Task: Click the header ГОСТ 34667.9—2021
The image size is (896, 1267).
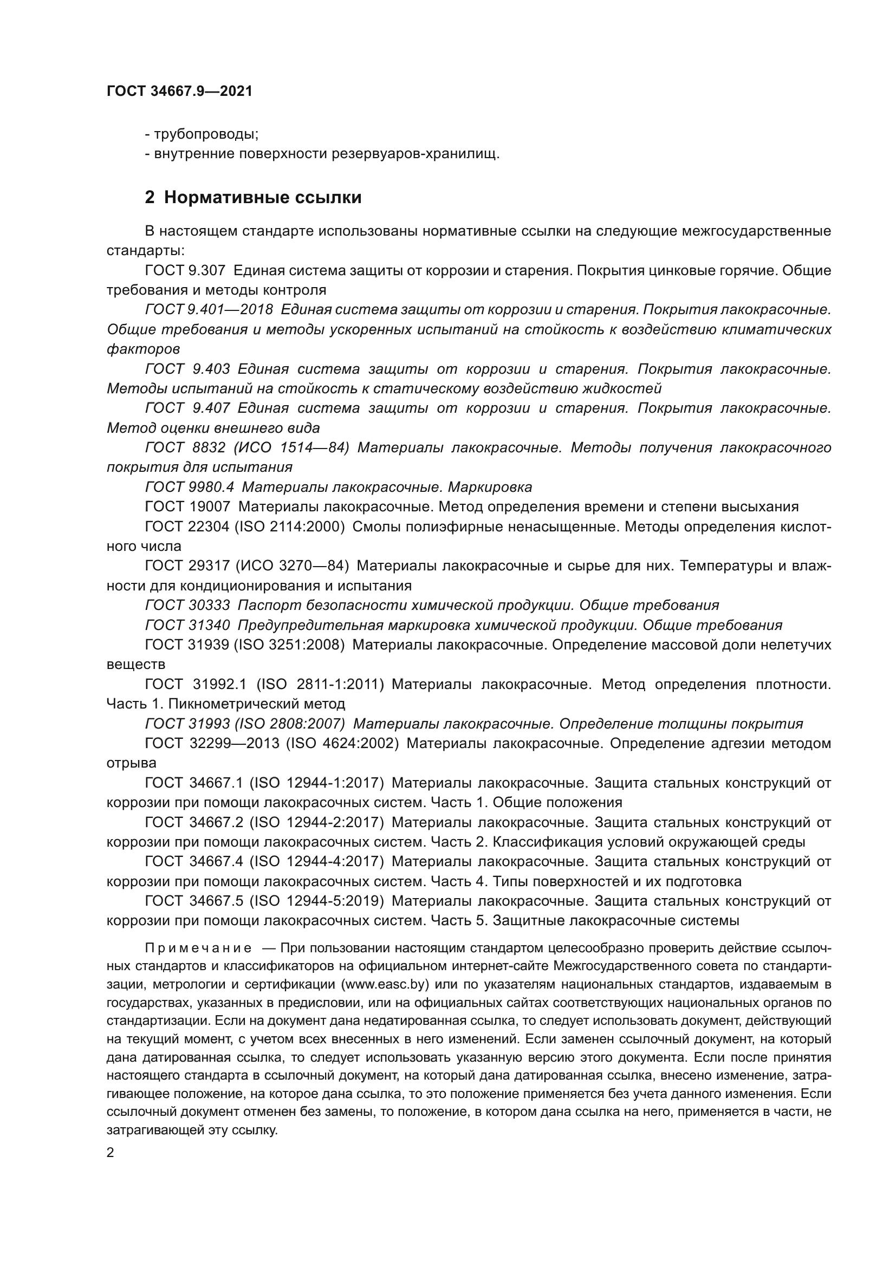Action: coord(179,92)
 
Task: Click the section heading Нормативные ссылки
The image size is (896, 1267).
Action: coord(263,197)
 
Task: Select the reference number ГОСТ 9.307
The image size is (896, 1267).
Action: coord(185,270)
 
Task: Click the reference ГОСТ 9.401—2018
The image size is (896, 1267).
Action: coord(209,310)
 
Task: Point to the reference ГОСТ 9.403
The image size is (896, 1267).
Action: coord(187,369)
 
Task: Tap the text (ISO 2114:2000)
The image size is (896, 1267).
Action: coord(290,527)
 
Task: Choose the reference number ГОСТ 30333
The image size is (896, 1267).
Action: coord(187,605)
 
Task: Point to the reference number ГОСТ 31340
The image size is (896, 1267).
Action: coord(187,625)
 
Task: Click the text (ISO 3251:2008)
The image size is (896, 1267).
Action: coord(290,645)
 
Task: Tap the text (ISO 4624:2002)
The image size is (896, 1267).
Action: coord(342,743)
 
